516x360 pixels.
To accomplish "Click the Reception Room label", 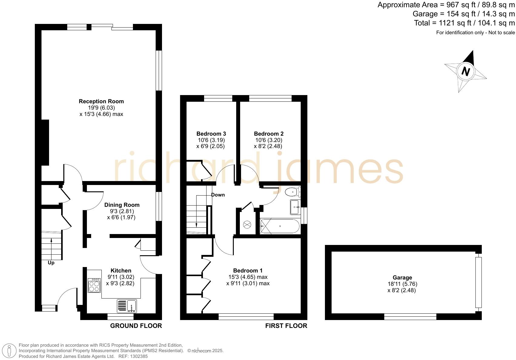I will [x=101, y=101].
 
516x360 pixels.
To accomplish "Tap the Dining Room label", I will [x=122, y=205].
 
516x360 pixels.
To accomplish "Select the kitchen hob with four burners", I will [x=94, y=285].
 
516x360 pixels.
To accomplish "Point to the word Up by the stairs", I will [x=51, y=263].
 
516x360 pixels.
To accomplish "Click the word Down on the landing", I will [x=218, y=195].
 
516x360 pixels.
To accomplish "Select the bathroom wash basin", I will [x=295, y=207].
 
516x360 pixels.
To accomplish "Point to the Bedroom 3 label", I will [x=211, y=134].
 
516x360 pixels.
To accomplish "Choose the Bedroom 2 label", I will [x=269, y=134].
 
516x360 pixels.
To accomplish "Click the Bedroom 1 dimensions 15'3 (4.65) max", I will [x=248, y=277].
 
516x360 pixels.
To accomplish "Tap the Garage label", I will [x=402, y=277].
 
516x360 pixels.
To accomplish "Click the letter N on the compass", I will [x=466, y=71].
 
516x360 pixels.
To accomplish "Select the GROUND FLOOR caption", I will [x=136, y=326].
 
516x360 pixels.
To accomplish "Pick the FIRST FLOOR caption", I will [x=286, y=326].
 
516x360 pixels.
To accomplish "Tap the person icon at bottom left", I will [x=10, y=351].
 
